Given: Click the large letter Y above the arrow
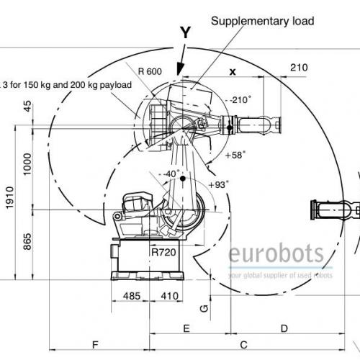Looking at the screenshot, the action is pos(186,32).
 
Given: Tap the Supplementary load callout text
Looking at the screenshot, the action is pos(263,21).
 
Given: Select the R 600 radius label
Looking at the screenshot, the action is pos(150,71).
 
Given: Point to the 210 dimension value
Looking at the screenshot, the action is pos(299,68).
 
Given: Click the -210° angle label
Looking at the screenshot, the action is pos(240,99).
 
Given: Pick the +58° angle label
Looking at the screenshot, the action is pos(235,155).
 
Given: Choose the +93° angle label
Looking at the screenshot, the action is pos(218,185).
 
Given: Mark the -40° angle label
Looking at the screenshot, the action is pos(171,174).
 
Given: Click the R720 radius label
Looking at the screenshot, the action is pos(163,252).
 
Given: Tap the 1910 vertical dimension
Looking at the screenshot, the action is pos(10,197).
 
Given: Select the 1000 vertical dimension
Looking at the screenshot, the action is pos(27,164).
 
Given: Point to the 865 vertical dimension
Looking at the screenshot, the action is pos(27,241).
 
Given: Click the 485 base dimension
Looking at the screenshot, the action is pos(132,296).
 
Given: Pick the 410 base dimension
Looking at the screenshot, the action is pos(170,296).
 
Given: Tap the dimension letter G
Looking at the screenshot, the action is pos(204,308).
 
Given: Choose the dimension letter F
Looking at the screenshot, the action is pos(95,345).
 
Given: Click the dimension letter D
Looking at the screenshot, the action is pos(284,328).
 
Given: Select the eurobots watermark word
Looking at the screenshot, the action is pos(276,253).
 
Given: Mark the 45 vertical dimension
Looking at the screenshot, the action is pos(28,106).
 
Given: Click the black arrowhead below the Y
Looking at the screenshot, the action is pos(180,68).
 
